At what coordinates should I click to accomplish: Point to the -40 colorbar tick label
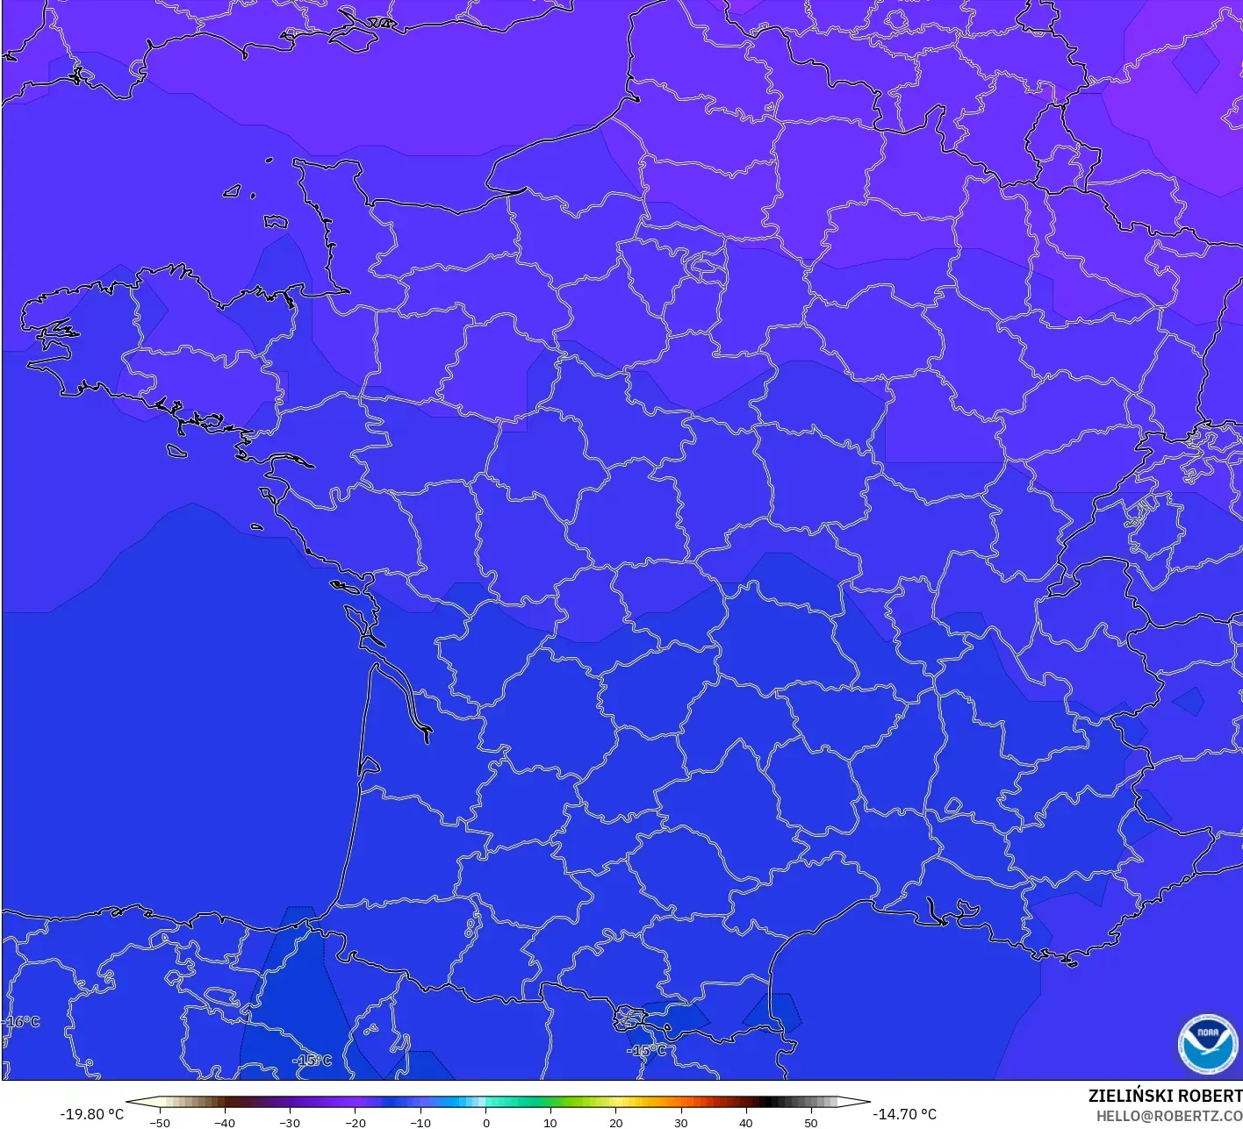point(225,1122)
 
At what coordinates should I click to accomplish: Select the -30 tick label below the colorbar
point(290,1122)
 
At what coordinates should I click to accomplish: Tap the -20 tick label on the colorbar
point(355,1122)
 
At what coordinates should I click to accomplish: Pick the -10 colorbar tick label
point(420,1122)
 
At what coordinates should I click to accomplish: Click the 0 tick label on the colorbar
point(485,1122)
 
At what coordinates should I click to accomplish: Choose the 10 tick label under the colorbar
point(550,1122)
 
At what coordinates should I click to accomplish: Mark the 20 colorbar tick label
point(615,1122)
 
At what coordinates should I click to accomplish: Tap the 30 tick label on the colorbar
point(681,1122)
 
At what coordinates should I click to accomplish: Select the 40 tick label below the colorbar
point(746,1122)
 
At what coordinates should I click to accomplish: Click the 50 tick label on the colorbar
point(811,1122)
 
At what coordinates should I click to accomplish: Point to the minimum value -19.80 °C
point(92,1114)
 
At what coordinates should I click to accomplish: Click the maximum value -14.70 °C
point(904,1114)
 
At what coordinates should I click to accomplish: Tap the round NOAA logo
point(1208,1044)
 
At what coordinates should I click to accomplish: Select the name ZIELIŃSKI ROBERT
point(1165,1096)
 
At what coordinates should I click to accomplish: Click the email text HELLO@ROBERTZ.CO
point(1168,1115)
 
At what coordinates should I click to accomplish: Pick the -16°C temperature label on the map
point(21,1022)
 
